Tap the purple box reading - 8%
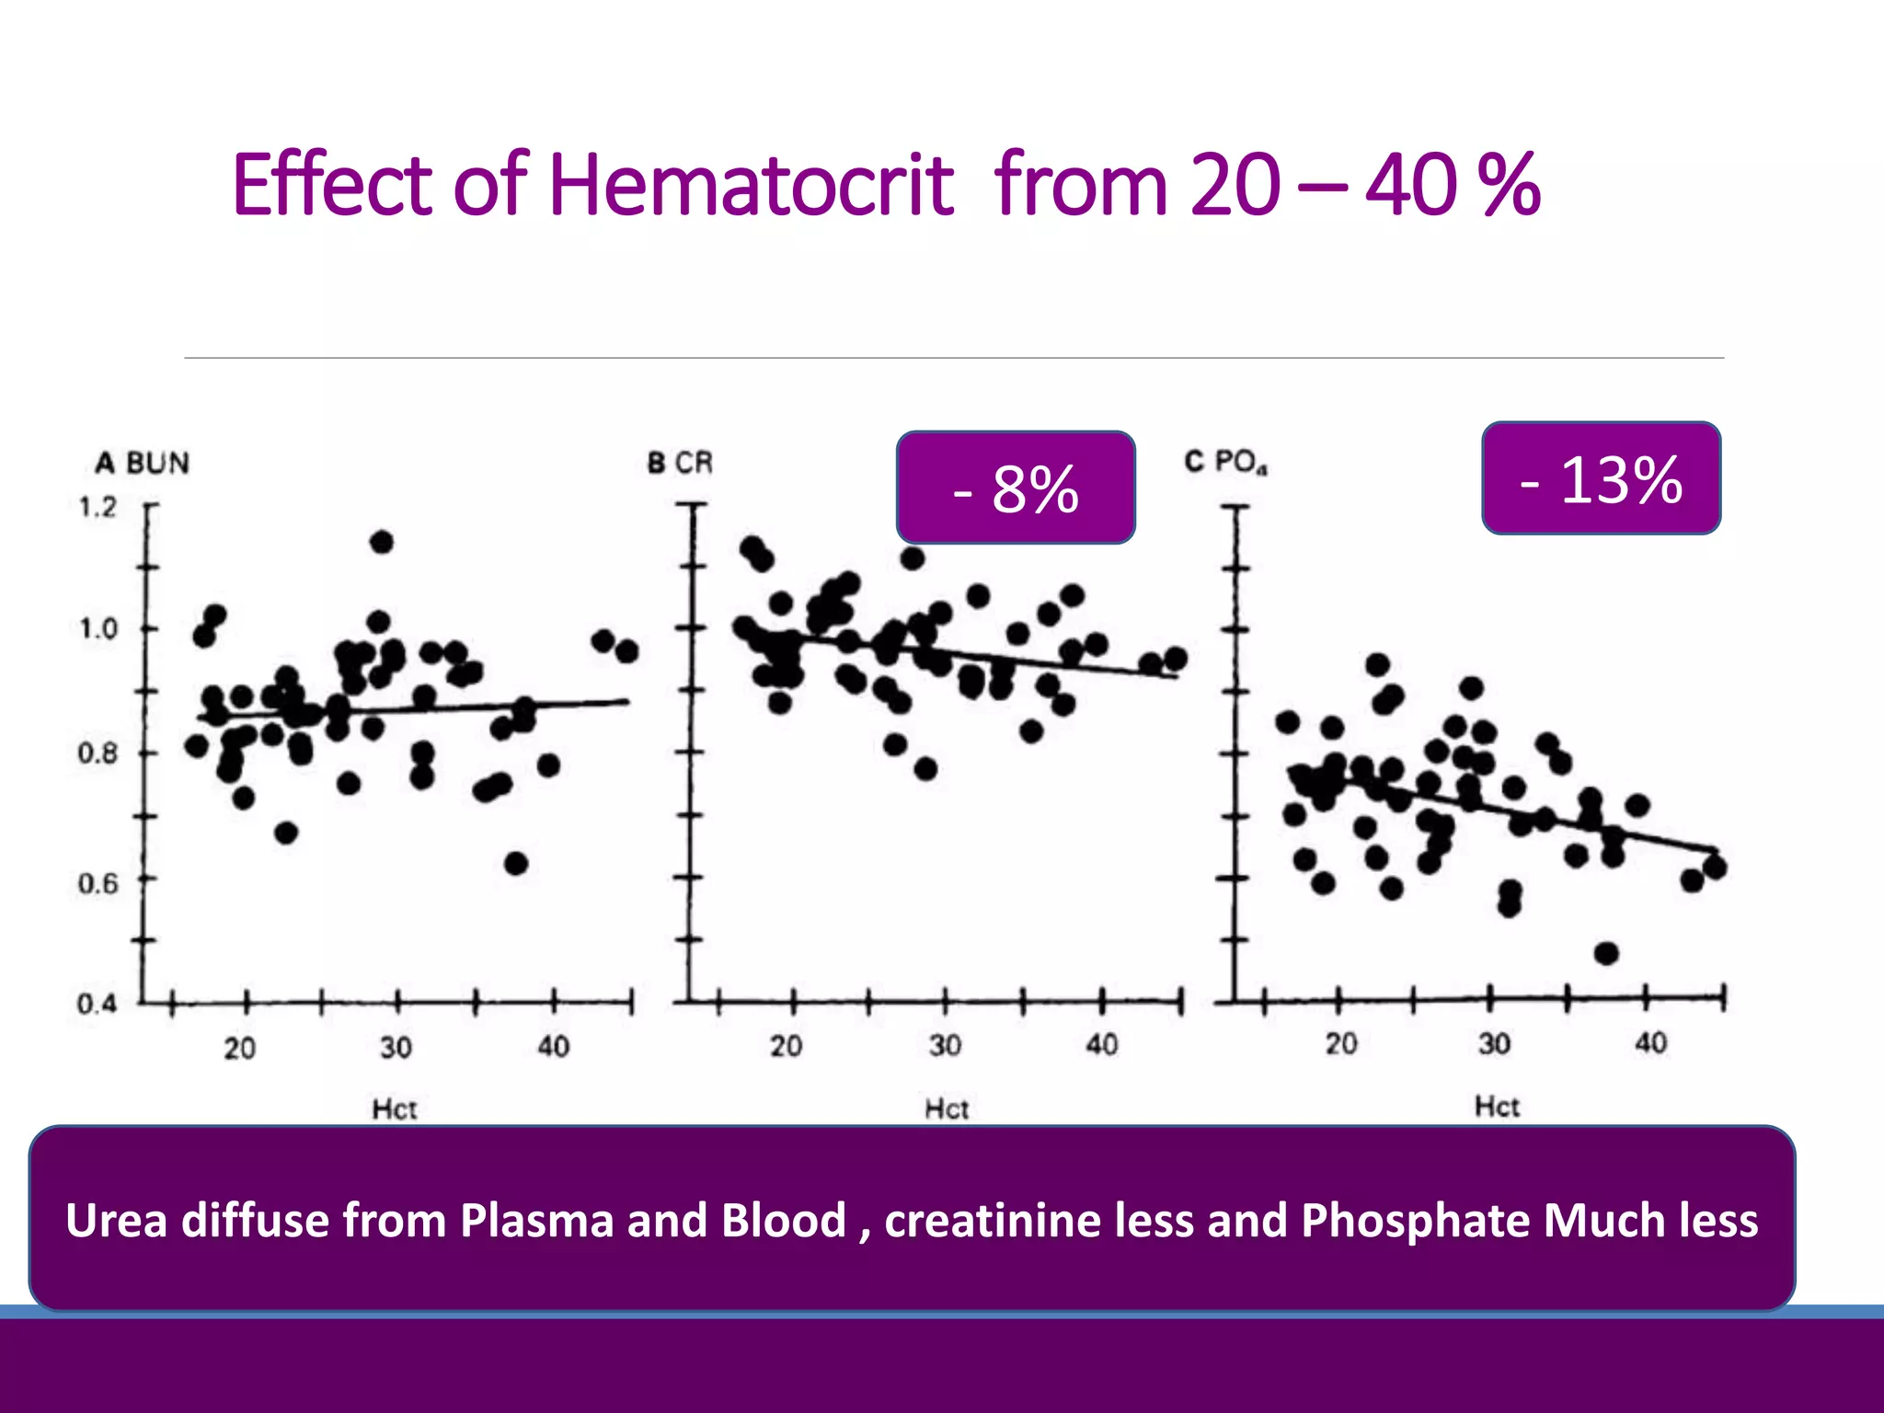click(1016, 488)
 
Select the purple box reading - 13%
click(1601, 478)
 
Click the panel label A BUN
click(143, 462)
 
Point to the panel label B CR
click(680, 462)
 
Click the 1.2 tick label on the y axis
click(98, 507)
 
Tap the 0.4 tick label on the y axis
click(97, 1003)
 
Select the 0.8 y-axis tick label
click(97, 753)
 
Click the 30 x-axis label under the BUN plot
click(396, 1047)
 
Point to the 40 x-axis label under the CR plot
click(1101, 1044)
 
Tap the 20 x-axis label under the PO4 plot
click(1340, 1043)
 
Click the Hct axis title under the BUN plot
click(395, 1109)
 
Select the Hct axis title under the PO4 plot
click(1497, 1106)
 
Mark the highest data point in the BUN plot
click(382, 542)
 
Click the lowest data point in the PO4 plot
click(1606, 953)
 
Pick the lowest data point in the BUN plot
click(516, 863)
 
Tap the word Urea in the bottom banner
click(117, 1221)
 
